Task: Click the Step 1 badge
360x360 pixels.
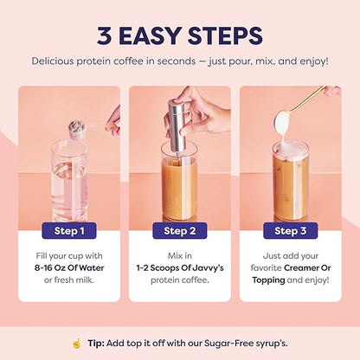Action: click(69, 231)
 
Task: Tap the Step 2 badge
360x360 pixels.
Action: click(179, 231)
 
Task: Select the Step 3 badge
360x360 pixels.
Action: click(290, 231)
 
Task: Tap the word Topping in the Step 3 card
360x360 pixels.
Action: click(273, 281)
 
